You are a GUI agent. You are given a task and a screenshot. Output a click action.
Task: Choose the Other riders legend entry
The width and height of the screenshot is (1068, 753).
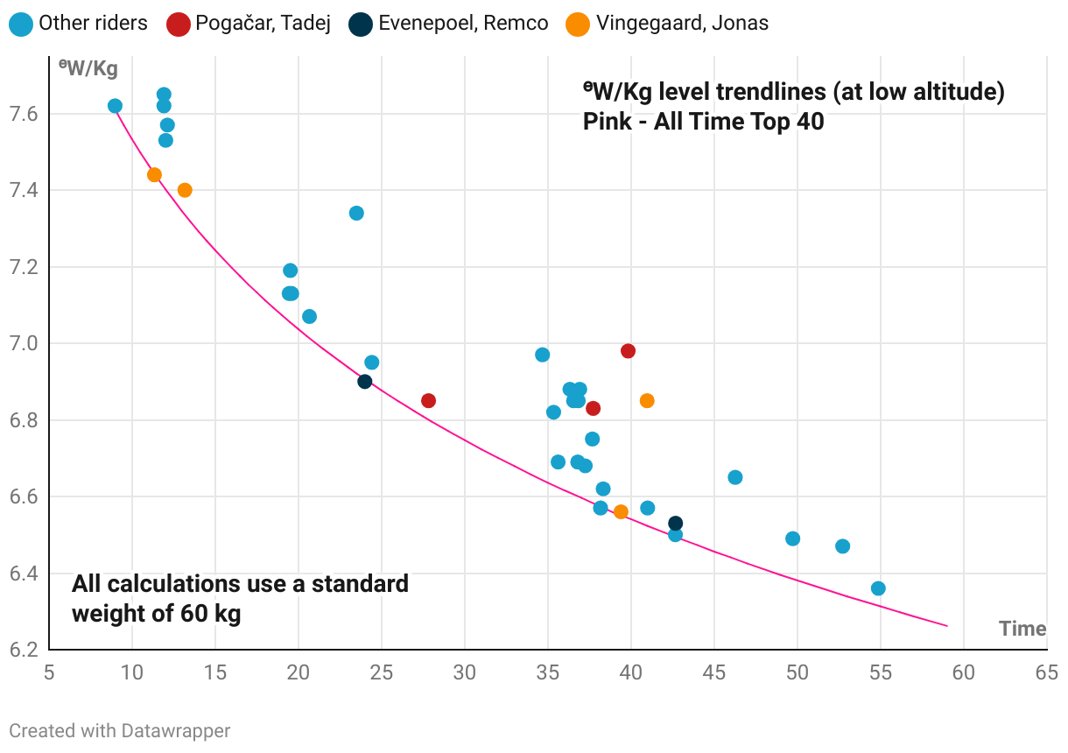(x=81, y=24)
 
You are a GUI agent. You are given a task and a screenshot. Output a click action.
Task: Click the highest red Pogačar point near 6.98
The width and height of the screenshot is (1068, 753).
(x=628, y=351)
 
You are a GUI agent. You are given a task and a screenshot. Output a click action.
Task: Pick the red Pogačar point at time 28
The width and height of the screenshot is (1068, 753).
(x=428, y=400)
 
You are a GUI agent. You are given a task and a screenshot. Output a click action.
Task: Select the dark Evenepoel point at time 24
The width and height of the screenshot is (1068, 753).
(x=365, y=381)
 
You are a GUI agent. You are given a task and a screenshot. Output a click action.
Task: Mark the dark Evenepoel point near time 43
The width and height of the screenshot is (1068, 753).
(x=675, y=524)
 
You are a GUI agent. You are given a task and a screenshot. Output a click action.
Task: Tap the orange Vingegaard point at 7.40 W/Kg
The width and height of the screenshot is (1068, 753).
(x=185, y=190)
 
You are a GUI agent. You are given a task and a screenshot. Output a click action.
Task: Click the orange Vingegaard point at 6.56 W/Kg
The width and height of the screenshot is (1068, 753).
(x=621, y=512)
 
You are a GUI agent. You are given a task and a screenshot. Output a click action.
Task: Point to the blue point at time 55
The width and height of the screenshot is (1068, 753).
(x=878, y=588)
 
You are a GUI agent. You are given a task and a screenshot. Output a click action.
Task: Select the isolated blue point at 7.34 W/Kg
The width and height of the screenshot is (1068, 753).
(x=356, y=213)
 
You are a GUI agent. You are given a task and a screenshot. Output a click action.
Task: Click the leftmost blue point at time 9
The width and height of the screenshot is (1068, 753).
(x=115, y=106)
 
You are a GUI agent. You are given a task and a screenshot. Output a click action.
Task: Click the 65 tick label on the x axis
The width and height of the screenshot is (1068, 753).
(x=1046, y=673)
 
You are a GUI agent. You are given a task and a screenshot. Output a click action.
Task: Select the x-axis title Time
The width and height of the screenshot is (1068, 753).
(x=1022, y=629)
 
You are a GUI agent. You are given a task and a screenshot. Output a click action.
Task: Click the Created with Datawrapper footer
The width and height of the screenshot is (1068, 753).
(x=119, y=730)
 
